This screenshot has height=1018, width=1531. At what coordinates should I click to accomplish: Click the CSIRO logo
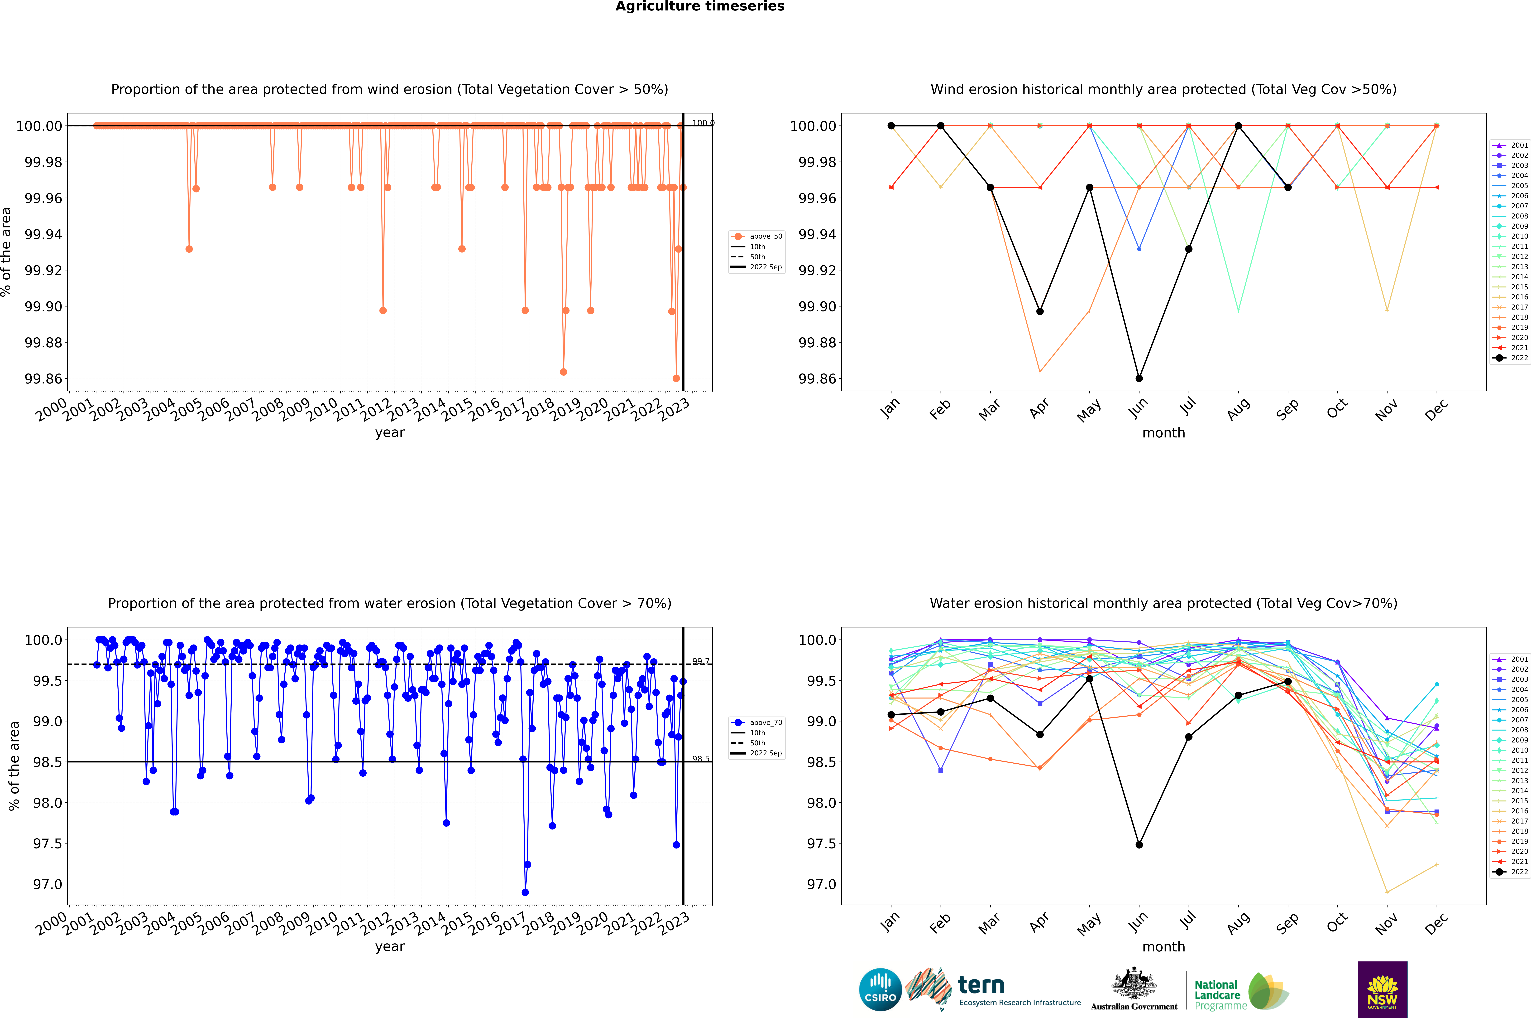click(880, 989)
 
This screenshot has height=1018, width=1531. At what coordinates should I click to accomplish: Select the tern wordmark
click(981, 986)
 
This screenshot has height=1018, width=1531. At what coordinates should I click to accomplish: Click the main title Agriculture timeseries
click(700, 6)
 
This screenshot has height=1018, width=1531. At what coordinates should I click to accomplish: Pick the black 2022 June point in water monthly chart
click(1139, 845)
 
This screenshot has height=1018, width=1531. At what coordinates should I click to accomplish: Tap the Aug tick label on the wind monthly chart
click(1238, 409)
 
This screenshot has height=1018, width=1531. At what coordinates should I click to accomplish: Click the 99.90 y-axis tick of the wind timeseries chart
click(43, 306)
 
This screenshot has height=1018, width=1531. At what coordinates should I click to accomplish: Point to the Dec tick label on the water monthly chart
click(1436, 923)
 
